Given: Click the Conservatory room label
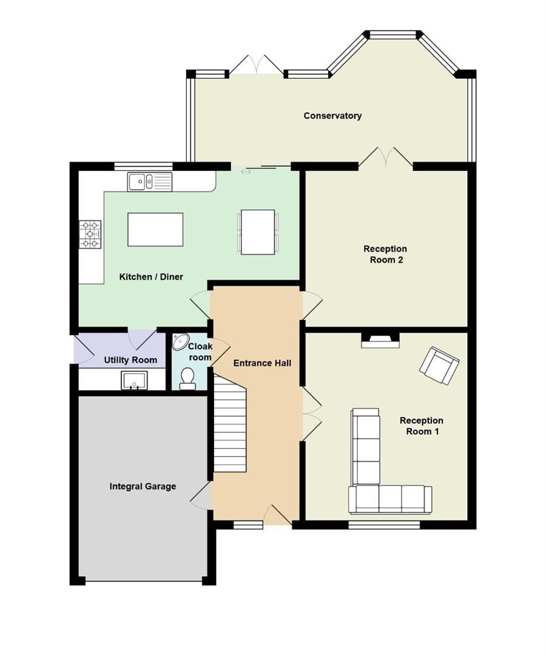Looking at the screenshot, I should (x=332, y=115).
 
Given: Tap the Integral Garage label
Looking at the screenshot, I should (x=143, y=486).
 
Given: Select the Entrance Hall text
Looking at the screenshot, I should (x=262, y=363).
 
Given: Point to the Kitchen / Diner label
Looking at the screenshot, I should (x=151, y=277).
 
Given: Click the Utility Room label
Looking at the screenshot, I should (x=130, y=360).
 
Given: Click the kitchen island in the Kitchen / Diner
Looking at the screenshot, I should (x=155, y=229).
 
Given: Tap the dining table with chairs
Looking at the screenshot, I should (x=258, y=232).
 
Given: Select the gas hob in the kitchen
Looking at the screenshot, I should (x=90, y=234).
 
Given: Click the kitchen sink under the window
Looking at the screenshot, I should (x=149, y=181).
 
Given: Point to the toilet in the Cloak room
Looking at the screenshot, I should (x=187, y=380).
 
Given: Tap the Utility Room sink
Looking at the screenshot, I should (x=133, y=381).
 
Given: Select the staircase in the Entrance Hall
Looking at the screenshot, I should (x=230, y=422).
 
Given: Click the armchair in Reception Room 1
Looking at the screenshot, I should (x=439, y=365).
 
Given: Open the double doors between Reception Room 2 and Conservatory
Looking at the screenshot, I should (x=385, y=157).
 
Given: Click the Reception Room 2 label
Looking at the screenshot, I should (x=385, y=254).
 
